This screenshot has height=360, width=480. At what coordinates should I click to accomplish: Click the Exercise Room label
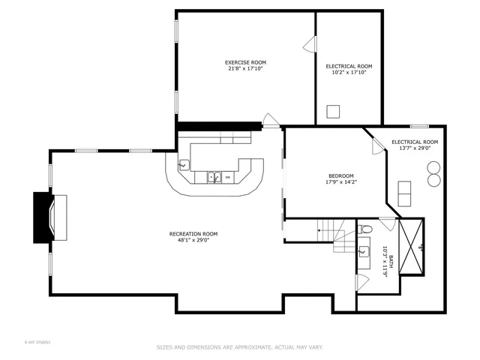[245, 62]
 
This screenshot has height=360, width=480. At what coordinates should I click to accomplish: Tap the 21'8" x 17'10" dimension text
[245, 69]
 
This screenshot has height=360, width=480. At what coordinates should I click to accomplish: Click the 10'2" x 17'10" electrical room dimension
[349, 73]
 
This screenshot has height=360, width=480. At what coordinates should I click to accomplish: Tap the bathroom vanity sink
[364, 251]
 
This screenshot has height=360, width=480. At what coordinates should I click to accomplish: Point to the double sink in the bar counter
[214, 178]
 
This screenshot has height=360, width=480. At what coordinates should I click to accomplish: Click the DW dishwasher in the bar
[227, 178]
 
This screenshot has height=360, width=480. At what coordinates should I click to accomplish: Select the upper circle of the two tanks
[433, 169]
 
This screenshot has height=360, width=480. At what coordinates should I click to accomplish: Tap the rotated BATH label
[385, 262]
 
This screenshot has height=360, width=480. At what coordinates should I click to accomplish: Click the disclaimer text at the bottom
[239, 347]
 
